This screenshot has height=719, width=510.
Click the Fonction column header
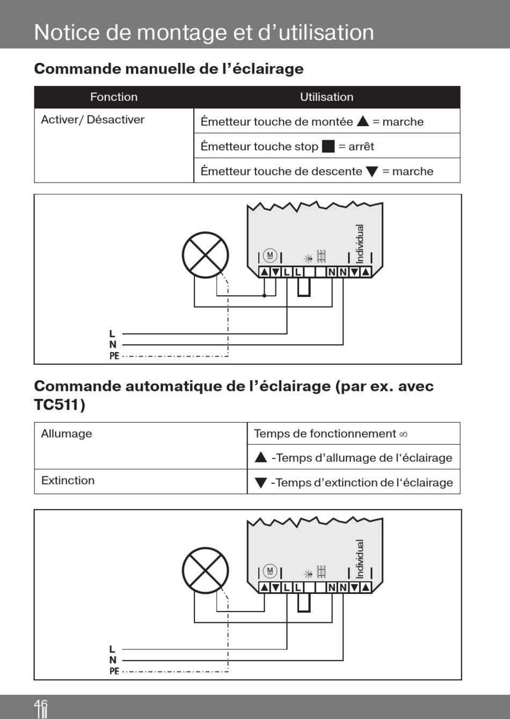pyautogui.click(x=114, y=97)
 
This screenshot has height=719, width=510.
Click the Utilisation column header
pyautogui.click(x=326, y=97)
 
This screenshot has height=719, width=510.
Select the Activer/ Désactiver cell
pyautogui.click(x=93, y=120)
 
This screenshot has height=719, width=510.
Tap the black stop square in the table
pyautogui.click(x=328, y=147)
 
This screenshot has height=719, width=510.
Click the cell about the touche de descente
pyautogui.click(x=317, y=171)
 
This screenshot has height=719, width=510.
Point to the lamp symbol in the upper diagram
pyautogui.click(x=205, y=255)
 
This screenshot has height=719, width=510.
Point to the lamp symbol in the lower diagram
pyautogui.click(x=205, y=570)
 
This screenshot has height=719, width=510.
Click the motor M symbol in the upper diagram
pyautogui.click(x=270, y=256)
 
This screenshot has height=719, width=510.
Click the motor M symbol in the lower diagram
pyautogui.click(x=270, y=571)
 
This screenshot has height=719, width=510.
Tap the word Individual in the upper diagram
pyautogui.click(x=360, y=244)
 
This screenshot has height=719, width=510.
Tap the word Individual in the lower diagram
pyautogui.click(x=360, y=559)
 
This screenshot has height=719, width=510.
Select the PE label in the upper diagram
pyautogui.click(x=114, y=355)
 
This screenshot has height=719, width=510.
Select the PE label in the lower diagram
pyautogui.click(x=114, y=671)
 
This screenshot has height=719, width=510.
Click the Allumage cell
pyautogui.click(x=67, y=434)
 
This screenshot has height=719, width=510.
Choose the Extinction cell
pyautogui.click(x=68, y=481)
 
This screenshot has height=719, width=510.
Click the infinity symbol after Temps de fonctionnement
pyautogui.click(x=403, y=434)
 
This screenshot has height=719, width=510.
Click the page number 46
pyautogui.click(x=41, y=706)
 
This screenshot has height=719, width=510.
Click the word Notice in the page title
pyautogui.click(x=67, y=32)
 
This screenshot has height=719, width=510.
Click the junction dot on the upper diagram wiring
pyautogui.click(x=264, y=295)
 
